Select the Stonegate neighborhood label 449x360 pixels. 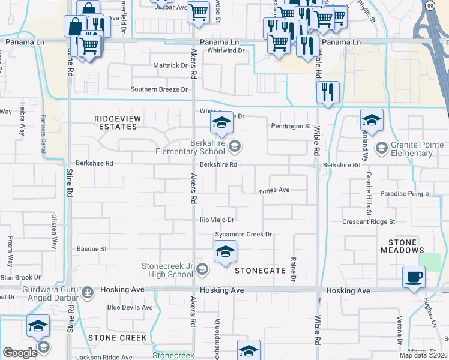pos(259,271)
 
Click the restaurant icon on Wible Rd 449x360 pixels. pos(327,92)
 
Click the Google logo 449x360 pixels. pos(19,352)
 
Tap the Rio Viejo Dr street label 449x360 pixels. pos(217,220)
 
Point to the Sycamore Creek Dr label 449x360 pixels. pos(244,234)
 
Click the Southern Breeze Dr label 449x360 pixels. pos(159,89)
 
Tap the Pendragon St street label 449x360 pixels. pos(291,127)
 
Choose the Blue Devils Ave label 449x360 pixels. pos(130,307)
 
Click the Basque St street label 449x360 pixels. pos(92,248)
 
